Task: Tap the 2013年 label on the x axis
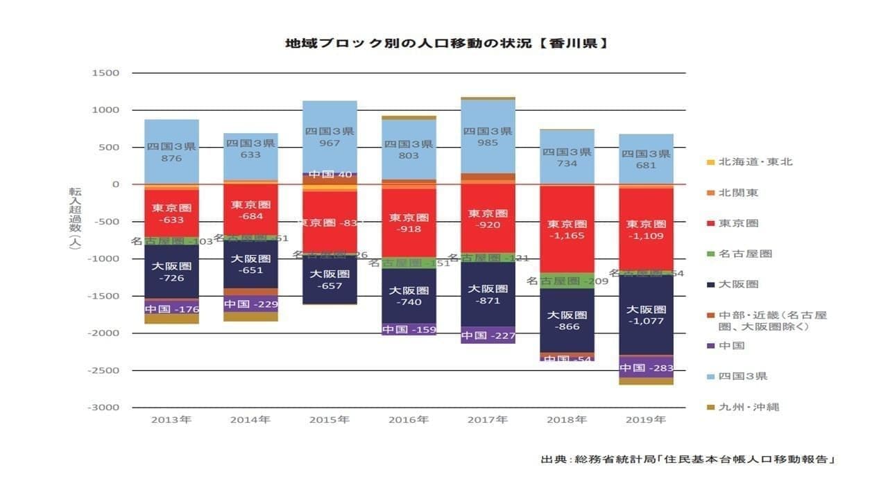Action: click(171, 420)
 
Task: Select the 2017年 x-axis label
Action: click(488, 420)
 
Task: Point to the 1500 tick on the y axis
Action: click(105, 73)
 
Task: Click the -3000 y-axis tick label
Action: click(103, 407)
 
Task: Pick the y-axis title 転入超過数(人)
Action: click(74, 218)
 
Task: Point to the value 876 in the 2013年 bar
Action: click(171, 158)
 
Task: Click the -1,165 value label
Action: click(567, 236)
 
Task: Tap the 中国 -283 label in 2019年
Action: click(646, 368)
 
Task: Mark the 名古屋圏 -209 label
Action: click(567, 281)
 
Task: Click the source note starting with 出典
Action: click(687, 459)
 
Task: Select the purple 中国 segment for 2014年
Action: click(250, 304)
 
